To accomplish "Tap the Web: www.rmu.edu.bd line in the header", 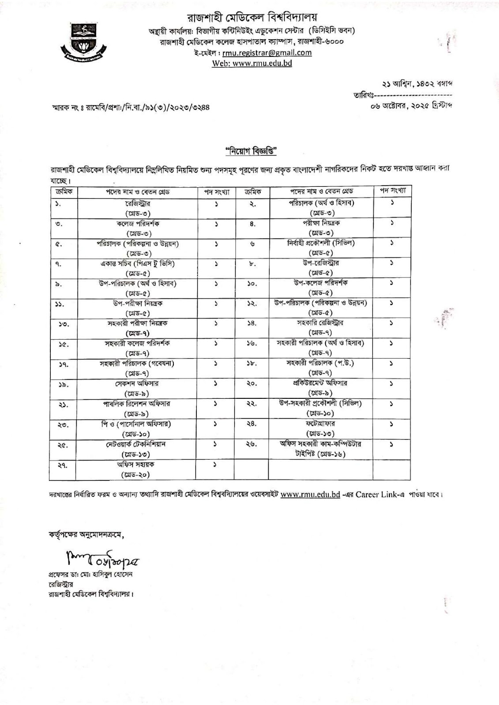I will tap(252, 63).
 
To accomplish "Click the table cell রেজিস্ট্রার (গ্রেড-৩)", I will tap(138, 208).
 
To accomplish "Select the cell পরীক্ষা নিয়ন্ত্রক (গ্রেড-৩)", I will tap(321, 227).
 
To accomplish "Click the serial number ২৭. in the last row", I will tap(63, 466).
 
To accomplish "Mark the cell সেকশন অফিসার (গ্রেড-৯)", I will tap(138, 388).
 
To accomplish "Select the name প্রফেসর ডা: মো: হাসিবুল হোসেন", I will tap(90, 575).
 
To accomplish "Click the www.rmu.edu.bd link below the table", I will tap(310, 494).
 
